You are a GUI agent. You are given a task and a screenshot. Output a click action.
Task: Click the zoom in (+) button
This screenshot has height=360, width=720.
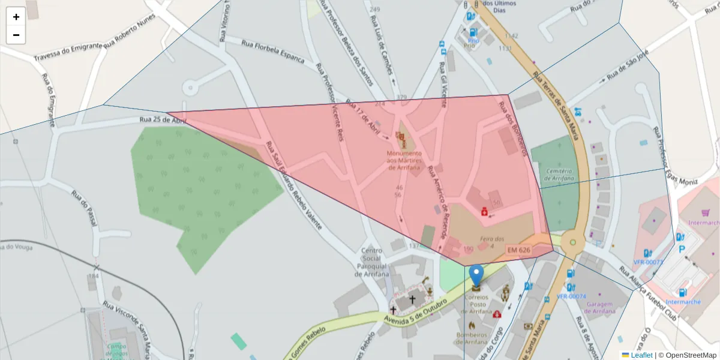(x=16, y=17)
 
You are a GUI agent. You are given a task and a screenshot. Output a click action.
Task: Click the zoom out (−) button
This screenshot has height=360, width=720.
(x=16, y=35)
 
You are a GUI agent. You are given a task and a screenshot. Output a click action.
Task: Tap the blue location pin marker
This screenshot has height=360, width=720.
(x=476, y=275)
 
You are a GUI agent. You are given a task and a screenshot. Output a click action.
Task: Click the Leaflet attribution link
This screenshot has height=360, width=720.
(x=641, y=355)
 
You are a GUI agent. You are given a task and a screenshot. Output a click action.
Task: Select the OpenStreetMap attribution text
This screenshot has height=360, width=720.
(x=688, y=355)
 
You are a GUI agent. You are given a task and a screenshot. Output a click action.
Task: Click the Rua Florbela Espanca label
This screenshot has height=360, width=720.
(x=277, y=52)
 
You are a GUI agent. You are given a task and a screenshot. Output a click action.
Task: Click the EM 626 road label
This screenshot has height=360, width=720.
(x=519, y=249)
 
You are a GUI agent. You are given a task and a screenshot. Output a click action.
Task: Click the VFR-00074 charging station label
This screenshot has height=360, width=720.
(x=571, y=296)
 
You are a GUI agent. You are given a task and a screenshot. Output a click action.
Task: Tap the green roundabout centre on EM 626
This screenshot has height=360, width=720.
(x=573, y=243)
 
